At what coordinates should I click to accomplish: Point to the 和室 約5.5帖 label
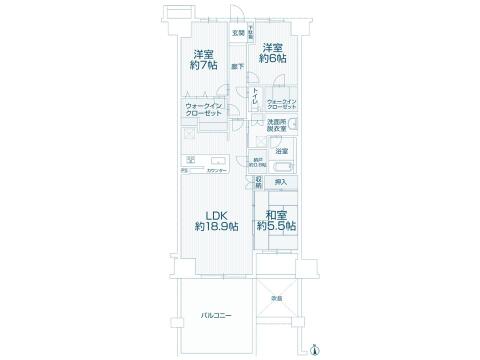click(x=277, y=221)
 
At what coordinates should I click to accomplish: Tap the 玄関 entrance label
click(x=238, y=34)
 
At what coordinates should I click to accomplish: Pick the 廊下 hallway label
click(x=236, y=66)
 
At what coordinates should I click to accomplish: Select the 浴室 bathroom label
click(x=283, y=151)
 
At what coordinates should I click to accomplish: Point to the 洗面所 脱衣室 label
click(x=277, y=126)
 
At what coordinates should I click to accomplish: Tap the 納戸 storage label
click(x=258, y=162)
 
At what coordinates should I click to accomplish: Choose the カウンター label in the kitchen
click(x=217, y=171)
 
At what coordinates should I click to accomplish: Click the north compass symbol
click(x=316, y=349)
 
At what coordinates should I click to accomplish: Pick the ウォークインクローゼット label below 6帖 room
click(x=282, y=104)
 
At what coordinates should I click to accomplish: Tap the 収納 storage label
click(x=258, y=182)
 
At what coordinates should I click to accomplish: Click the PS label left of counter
click(x=184, y=171)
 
